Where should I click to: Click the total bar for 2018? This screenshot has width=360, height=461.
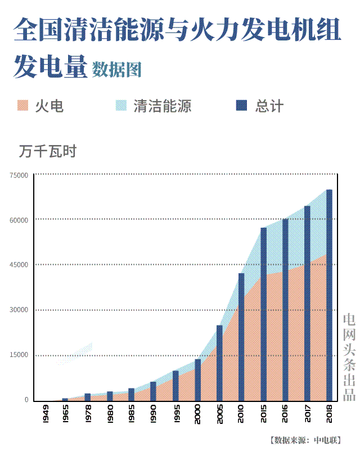click(x=329, y=295)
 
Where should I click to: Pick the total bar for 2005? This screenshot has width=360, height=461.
click(x=219, y=363)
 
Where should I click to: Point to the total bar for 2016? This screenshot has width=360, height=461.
click(x=285, y=309)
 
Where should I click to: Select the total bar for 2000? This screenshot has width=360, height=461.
click(x=197, y=379)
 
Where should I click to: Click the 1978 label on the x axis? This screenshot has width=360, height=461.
click(x=87, y=419)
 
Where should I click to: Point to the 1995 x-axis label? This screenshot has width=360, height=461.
click(x=175, y=419)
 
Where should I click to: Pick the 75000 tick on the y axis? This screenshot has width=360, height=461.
click(x=19, y=175)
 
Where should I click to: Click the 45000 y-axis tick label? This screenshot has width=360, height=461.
click(x=19, y=265)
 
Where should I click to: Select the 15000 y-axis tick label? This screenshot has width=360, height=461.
click(x=19, y=355)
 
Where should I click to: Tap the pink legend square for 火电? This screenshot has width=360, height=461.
click(x=23, y=106)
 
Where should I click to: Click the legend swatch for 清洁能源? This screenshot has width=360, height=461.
click(x=121, y=106)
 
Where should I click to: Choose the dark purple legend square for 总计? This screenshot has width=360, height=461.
click(x=242, y=106)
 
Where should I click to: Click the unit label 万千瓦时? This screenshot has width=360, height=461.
click(x=47, y=151)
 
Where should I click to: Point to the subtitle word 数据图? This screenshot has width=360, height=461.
click(x=117, y=69)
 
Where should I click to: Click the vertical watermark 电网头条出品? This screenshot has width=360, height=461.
click(x=349, y=357)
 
